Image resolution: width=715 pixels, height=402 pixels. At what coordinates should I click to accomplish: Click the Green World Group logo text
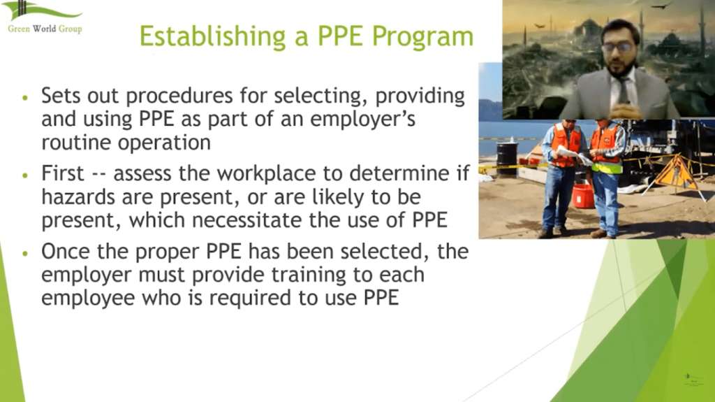coord(45,29)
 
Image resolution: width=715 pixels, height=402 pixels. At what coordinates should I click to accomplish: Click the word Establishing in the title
coord(212,36)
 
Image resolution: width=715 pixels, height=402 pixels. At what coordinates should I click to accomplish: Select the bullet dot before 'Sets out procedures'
coord(24,97)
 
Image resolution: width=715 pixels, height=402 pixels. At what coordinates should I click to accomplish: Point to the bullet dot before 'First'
coord(24,175)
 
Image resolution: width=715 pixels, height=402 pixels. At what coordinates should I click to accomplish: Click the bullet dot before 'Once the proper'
coord(24,252)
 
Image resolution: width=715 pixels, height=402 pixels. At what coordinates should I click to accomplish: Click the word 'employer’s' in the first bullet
coord(363,120)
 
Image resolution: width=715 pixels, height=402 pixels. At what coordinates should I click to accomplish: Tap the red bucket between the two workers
coord(583,195)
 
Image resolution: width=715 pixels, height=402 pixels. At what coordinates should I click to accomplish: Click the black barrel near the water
coord(507,157)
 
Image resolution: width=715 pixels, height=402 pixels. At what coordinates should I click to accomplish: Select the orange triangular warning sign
coord(676,173)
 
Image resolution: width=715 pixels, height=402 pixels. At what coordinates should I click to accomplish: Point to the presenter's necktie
coord(624,92)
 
